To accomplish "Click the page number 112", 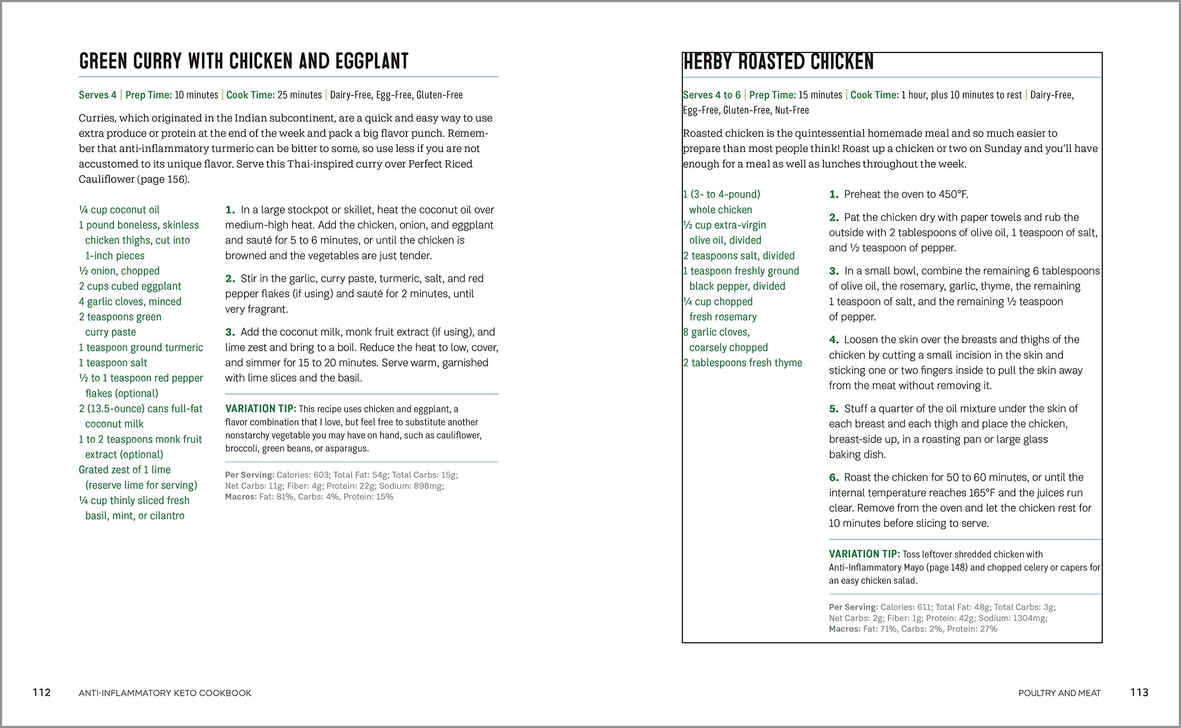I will [x=42, y=692].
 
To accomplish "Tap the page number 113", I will [x=1139, y=692].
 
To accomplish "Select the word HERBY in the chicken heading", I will [x=708, y=62].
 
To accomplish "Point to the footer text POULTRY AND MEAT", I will [x=1059, y=693].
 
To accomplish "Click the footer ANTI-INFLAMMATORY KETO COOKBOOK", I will [x=165, y=693].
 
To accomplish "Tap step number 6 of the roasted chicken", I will [x=834, y=477].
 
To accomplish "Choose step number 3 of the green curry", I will [x=230, y=332].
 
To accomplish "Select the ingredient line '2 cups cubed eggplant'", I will [x=130, y=286].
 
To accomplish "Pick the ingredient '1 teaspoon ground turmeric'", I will [x=141, y=347].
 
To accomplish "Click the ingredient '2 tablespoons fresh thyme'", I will [x=743, y=362].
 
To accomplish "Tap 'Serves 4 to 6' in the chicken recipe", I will [x=711, y=95].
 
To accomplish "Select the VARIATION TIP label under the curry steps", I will [x=261, y=409].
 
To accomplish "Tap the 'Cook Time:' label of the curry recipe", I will [x=250, y=95].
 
